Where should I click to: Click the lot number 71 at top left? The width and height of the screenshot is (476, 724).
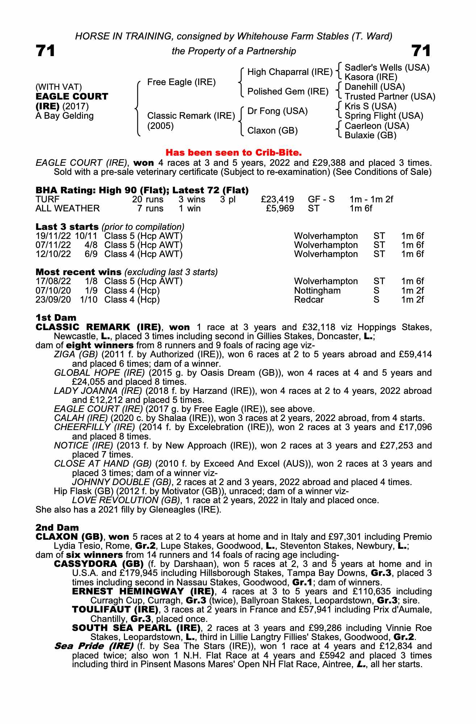(x=45, y=51)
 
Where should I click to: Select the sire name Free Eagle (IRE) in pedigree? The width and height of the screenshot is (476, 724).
(x=181, y=82)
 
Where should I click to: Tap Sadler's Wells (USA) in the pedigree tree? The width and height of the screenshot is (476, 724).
(x=387, y=68)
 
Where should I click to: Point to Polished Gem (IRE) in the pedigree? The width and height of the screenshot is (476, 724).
(x=288, y=92)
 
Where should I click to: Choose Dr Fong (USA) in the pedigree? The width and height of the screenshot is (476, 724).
(x=277, y=111)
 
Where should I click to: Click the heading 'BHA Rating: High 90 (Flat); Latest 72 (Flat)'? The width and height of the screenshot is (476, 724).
(x=142, y=190)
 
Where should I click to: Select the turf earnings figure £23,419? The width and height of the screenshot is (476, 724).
(x=277, y=199)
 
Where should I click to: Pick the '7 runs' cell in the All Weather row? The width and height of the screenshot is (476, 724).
(x=150, y=209)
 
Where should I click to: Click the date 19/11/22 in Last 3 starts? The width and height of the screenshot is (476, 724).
(x=53, y=236)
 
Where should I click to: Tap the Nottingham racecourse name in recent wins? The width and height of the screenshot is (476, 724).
(x=317, y=291)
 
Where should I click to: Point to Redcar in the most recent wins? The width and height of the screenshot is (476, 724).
(x=309, y=300)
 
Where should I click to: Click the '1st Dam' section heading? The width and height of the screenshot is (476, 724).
(x=56, y=318)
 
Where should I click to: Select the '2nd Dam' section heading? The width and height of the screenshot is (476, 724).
(x=57, y=527)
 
